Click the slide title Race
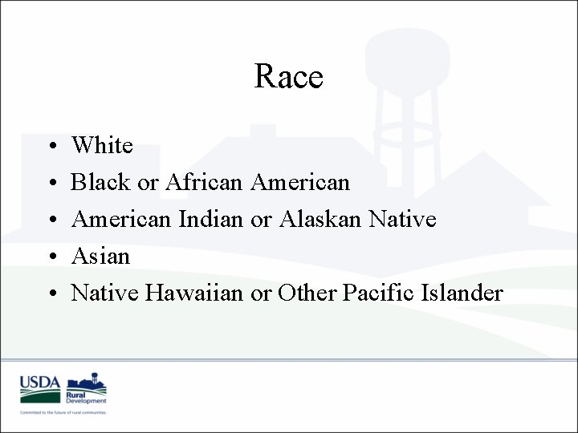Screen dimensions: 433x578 click(288, 77)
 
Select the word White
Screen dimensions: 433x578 click(102, 145)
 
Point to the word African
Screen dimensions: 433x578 click(203, 182)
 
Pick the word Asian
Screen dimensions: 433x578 click(100, 256)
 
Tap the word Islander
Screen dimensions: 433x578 click(461, 293)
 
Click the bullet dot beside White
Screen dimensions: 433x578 click(51, 147)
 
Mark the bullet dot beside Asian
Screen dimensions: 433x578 click(51, 257)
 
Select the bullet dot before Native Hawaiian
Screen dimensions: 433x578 click(51, 294)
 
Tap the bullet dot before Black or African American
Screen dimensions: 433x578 click(51, 184)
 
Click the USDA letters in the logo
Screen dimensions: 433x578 click(40, 382)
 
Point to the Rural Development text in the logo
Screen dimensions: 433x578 click(87, 397)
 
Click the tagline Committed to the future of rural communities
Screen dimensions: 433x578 click(63, 412)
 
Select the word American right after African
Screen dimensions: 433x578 click(300, 182)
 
